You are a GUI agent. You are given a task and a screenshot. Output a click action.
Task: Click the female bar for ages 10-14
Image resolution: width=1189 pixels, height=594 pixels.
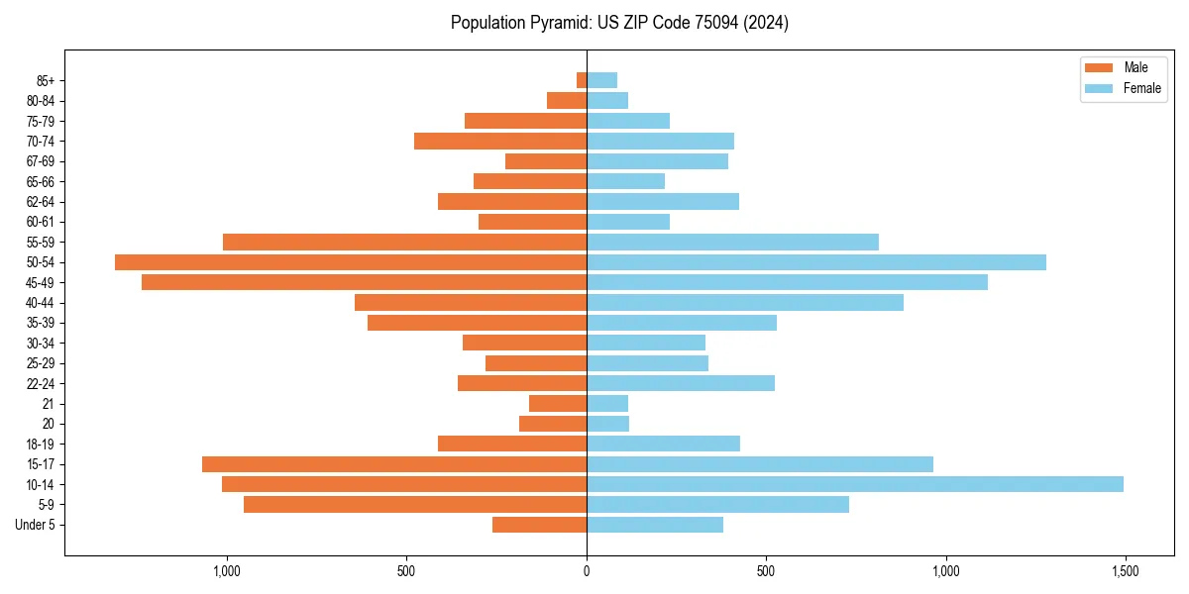[x=854, y=484]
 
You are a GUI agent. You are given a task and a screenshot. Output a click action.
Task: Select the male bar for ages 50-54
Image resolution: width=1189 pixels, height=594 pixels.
[x=351, y=262]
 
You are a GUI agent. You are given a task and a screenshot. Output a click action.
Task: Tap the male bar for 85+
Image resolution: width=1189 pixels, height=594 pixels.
[x=582, y=80]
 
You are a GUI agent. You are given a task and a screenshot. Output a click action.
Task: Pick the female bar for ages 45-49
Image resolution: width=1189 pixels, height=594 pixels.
[x=787, y=282]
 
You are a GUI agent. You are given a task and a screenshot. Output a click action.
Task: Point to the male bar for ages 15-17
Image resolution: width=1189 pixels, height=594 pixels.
[x=394, y=464]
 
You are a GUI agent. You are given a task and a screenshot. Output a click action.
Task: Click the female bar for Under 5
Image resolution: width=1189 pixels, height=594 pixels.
[x=654, y=525]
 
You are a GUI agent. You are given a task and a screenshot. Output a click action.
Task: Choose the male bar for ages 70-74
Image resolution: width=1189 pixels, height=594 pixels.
[x=500, y=141]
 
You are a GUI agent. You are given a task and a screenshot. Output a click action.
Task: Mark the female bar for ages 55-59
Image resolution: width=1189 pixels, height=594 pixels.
[x=732, y=242]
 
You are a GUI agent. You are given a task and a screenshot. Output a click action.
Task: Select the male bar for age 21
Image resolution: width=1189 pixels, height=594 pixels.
[x=558, y=404]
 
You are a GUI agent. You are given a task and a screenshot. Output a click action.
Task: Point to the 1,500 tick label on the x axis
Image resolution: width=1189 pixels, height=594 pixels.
[x=1125, y=571]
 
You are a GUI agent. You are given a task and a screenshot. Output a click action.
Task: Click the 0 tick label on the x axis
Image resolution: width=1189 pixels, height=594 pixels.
[x=587, y=571]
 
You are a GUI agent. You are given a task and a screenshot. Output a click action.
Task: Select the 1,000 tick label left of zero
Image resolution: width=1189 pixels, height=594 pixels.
[x=227, y=571]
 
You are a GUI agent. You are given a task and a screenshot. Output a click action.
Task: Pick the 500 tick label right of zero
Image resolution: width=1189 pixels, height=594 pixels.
[x=766, y=571]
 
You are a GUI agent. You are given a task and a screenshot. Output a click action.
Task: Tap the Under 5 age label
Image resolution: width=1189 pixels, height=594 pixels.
[x=35, y=525]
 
